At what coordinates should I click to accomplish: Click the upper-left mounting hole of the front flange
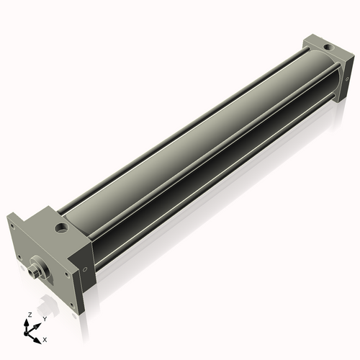click(x=13, y=225)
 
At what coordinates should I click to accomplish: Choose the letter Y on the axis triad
click(x=45, y=319)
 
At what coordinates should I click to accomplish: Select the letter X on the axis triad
click(x=45, y=338)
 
